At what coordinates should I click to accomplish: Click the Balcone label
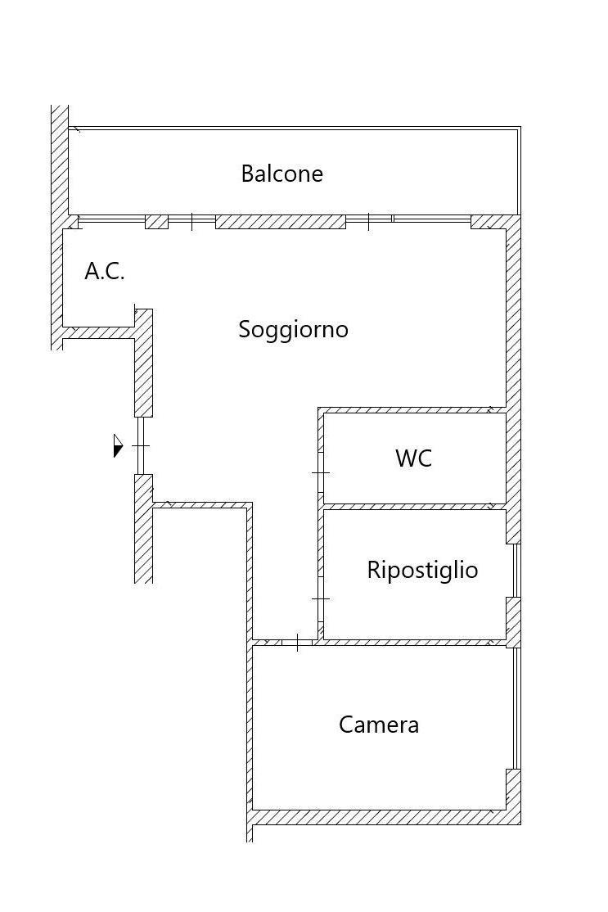tap(282, 174)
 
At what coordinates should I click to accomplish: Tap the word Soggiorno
tap(294, 330)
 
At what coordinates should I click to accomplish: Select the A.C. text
tap(105, 271)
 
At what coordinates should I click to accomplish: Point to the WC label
tap(414, 458)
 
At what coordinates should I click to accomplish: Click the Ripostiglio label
tap(422, 570)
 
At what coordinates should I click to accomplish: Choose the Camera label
tap(379, 725)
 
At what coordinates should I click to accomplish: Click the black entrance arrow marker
tap(118, 445)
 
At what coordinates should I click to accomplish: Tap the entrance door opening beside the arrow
tap(140, 445)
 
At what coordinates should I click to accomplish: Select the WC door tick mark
tap(320, 473)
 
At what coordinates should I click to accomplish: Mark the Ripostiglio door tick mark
tap(320, 598)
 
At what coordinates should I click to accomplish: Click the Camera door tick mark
tap(297, 643)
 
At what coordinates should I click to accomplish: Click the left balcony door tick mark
tap(191, 222)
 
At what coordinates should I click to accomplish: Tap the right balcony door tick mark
tap(368, 222)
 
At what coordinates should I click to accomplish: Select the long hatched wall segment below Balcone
tap(281, 222)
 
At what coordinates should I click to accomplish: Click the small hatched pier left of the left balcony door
tap(156, 222)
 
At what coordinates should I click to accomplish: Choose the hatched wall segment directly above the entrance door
tap(143, 363)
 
